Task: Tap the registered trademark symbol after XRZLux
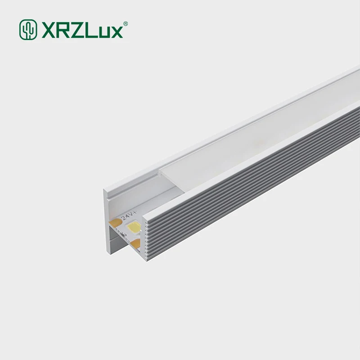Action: pyautogui.click(x=126, y=23)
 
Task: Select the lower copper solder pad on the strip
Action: pyautogui.click(x=135, y=243)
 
